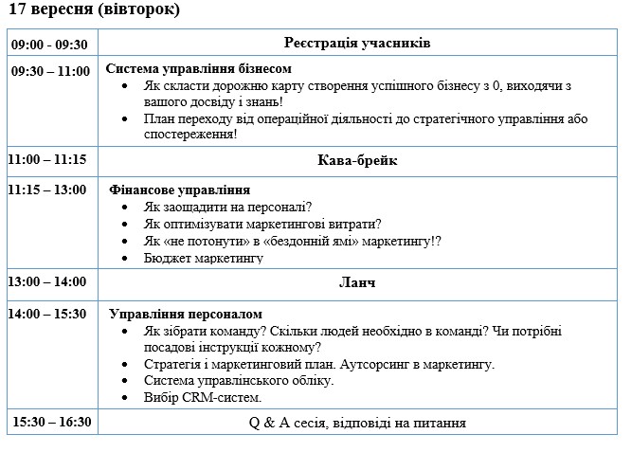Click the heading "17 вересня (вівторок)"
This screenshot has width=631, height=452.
[93, 10]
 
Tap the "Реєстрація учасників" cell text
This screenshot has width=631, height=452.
[357, 44]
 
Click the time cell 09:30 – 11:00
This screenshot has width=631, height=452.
[51, 71]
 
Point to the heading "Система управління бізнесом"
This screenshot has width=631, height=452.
[198, 69]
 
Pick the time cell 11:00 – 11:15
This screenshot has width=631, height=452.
[46, 160]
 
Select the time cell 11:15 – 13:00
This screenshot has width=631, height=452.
[46, 190]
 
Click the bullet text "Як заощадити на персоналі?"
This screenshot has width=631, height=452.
[228, 207]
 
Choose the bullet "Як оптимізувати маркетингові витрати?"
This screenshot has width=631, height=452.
[262, 224]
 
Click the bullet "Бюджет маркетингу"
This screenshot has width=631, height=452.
[203, 258]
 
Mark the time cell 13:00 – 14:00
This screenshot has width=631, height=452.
[46, 281]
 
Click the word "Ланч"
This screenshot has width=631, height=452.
[357, 282]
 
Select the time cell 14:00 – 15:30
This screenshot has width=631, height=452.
[46, 314]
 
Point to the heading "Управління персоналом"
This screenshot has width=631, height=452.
[186, 314]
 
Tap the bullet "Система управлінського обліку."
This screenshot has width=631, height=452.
[239, 381]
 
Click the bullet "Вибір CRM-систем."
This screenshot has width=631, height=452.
[203, 398]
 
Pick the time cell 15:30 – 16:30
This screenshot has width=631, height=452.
[51, 422]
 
